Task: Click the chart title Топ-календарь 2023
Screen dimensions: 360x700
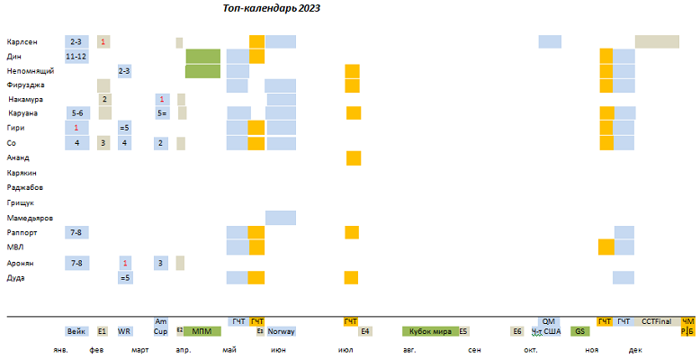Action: (272, 8)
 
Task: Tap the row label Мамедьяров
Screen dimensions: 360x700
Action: (30, 219)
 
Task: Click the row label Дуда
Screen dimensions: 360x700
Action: (16, 278)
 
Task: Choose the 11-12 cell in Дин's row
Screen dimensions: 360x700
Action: (76, 56)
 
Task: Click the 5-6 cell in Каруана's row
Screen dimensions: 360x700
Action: (76, 113)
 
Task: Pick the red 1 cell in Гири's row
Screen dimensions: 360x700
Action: (76, 128)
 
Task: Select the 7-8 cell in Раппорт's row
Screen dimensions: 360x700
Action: (76, 233)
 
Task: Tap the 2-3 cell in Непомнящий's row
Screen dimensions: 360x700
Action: (124, 70)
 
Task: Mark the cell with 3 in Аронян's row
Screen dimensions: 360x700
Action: (160, 263)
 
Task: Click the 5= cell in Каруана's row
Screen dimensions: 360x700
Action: (161, 113)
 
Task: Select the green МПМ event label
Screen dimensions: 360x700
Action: (202, 331)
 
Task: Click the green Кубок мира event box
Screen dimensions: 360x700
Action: (429, 331)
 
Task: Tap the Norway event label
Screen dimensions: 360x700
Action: (281, 331)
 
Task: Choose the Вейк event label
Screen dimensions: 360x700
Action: (76, 331)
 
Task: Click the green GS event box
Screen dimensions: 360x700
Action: (579, 331)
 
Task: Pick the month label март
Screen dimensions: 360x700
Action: (140, 350)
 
